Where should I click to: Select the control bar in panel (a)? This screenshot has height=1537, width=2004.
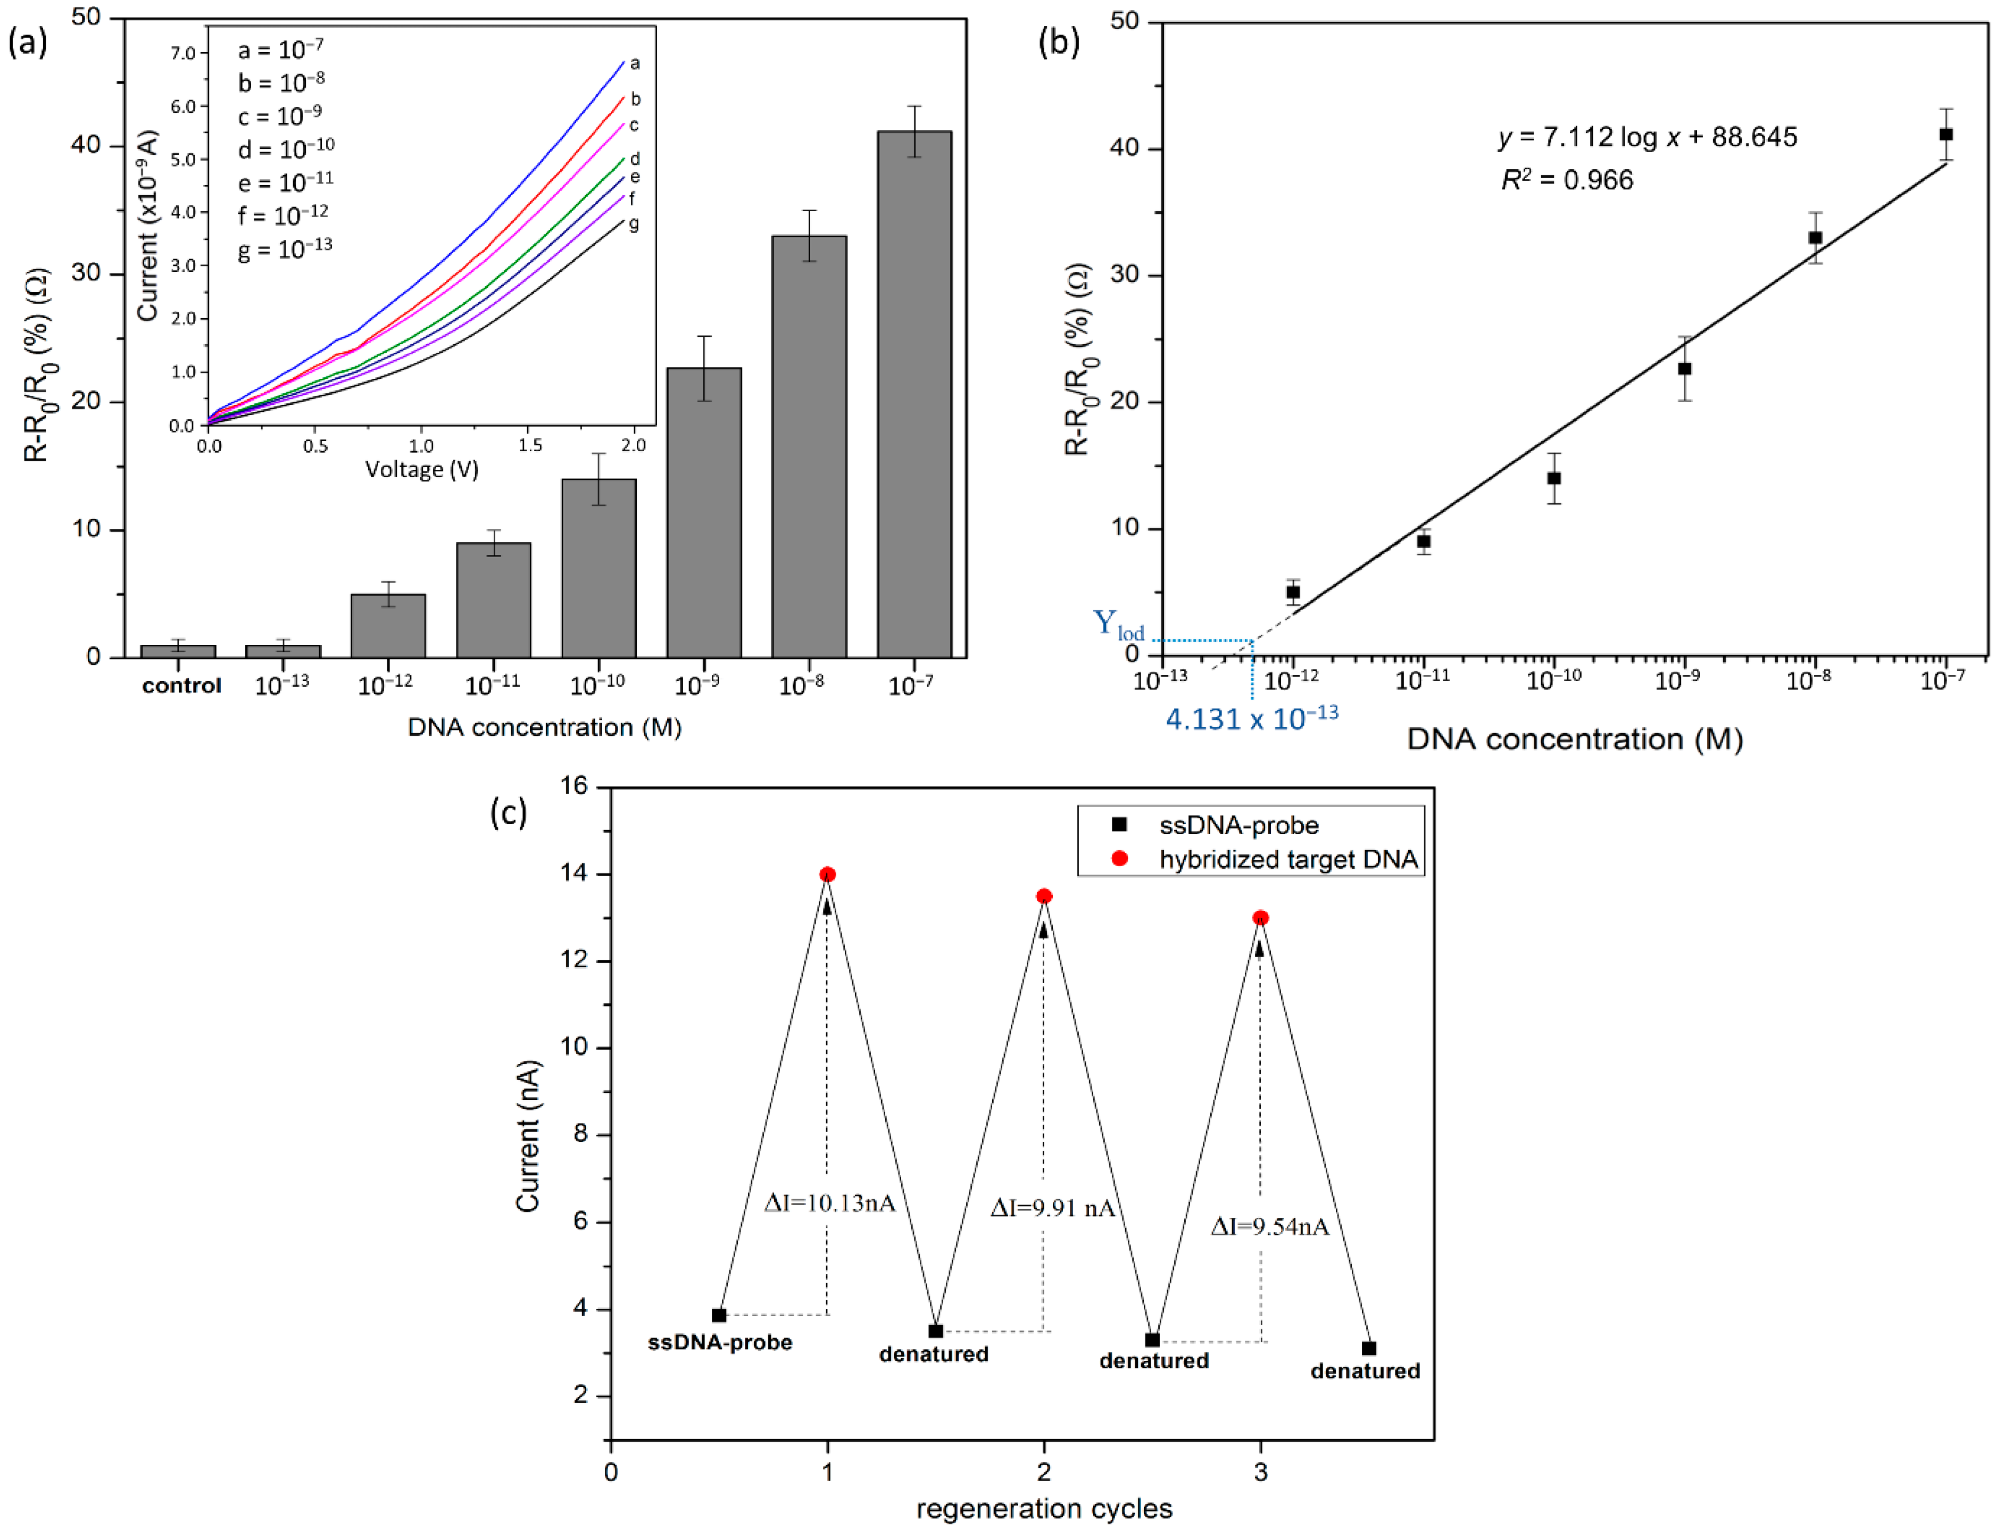[x=178, y=651]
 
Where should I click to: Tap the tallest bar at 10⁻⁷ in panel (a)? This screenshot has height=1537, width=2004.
[x=914, y=393]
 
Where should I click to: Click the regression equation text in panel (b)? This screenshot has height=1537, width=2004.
[x=1647, y=137]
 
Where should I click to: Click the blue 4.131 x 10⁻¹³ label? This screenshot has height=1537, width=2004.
[x=1251, y=718]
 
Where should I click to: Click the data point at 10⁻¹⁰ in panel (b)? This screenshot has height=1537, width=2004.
[x=1554, y=478]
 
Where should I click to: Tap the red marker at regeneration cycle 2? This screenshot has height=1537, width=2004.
[x=1044, y=896]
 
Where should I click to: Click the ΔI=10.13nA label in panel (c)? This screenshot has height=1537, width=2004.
[x=829, y=1203]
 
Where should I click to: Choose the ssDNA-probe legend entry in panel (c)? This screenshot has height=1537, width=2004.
[x=1238, y=825]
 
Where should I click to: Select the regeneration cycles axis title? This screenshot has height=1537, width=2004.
[x=1044, y=1509]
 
